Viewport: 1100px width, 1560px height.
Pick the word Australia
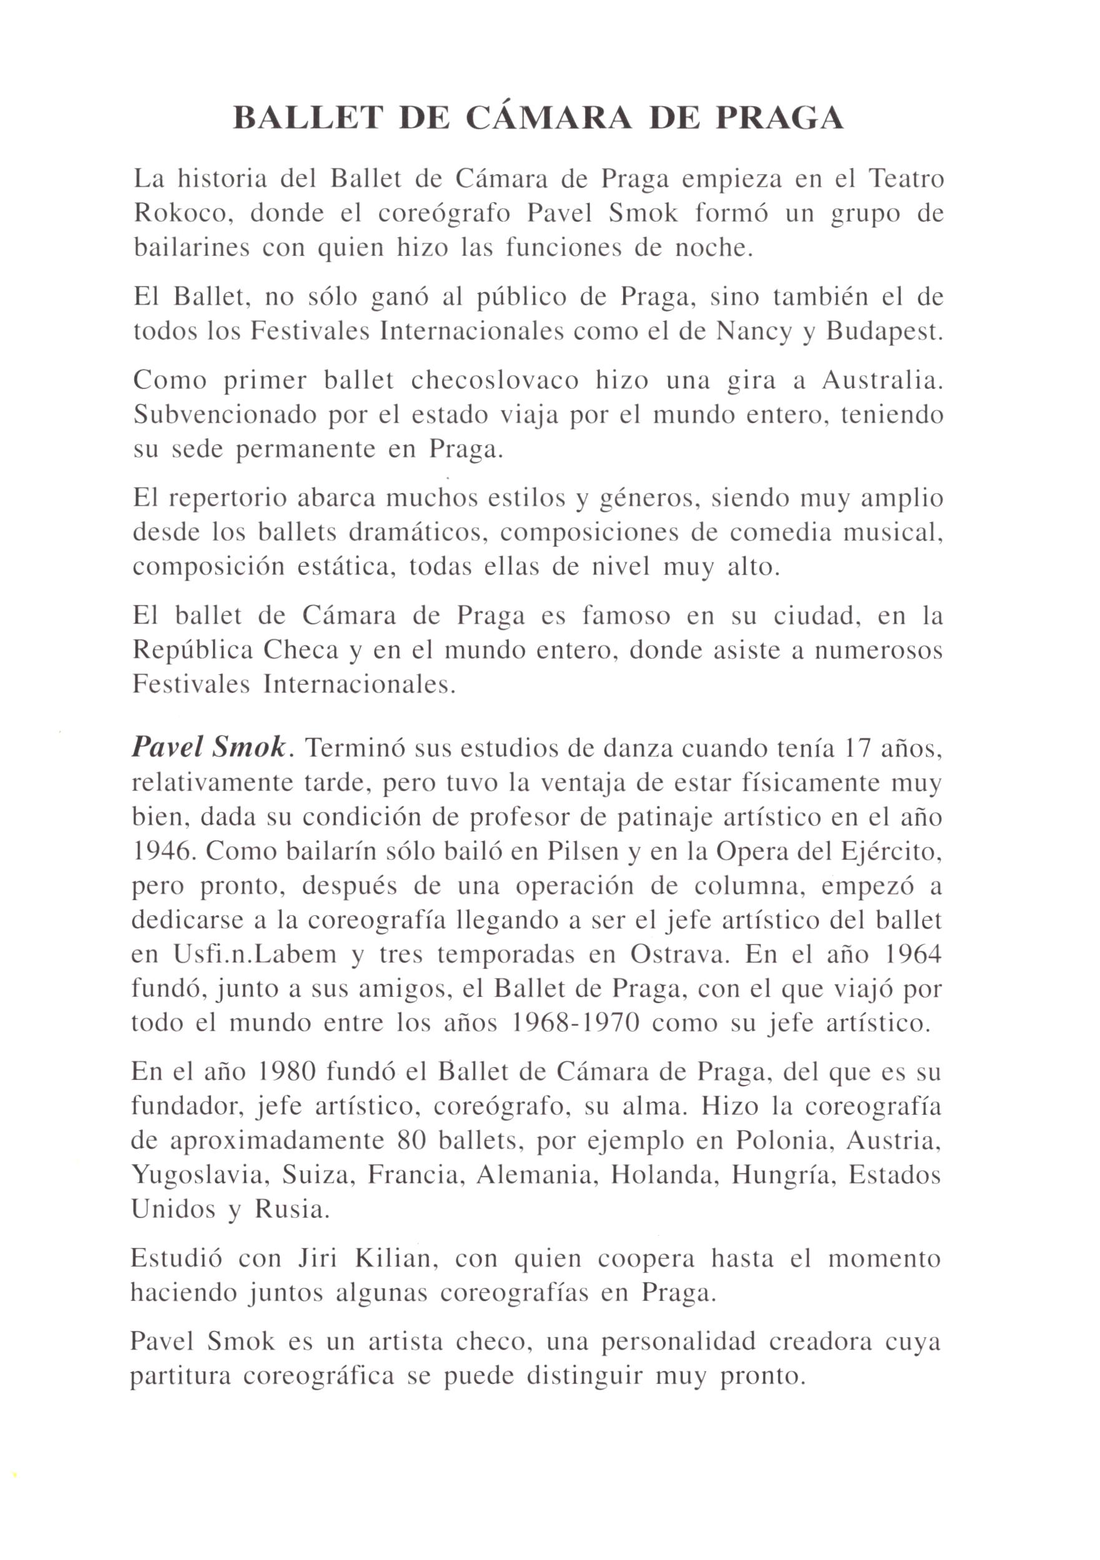tap(883, 381)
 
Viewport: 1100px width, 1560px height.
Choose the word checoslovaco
tap(494, 381)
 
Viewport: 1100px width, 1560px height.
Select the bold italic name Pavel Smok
tap(209, 748)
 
